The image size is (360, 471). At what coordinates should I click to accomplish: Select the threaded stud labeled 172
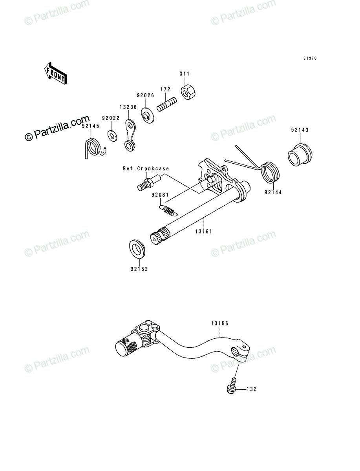(167, 104)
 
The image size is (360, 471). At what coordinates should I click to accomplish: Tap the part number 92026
(146, 95)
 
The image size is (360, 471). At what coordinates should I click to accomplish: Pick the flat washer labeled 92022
(112, 136)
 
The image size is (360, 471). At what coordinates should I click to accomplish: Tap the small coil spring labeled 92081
(169, 210)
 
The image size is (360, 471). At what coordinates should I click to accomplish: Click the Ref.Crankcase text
(146, 169)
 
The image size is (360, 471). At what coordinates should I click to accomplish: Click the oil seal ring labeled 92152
(137, 249)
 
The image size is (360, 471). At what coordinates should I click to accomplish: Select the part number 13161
(204, 232)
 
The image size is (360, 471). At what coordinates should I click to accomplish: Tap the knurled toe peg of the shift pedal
(129, 344)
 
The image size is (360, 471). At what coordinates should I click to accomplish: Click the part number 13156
(220, 323)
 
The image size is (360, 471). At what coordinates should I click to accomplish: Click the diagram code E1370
(310, 58)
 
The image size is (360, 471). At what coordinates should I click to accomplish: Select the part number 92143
(300, 130)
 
